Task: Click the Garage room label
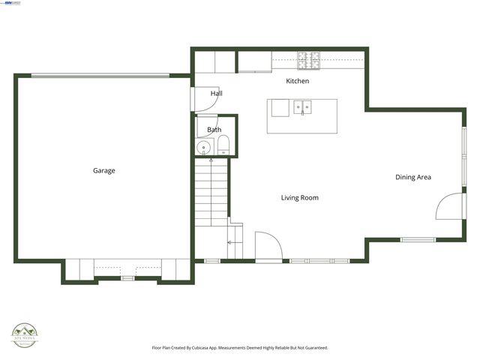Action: tap(103, 171)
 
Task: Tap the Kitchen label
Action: tap(298, 80)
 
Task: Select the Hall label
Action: tap(216, 94)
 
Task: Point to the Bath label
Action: tap(214, 130)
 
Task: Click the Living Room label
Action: tap(300, 198)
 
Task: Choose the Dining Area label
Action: tap(413, 178)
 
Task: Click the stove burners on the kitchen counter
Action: tap(308, 56)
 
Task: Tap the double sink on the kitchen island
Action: tap(303, 107)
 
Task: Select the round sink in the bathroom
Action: tap(204, 148)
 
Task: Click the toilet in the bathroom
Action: tap(223, 146)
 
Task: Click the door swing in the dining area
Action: tap(447, 206)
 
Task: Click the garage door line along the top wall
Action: tap(100, 74)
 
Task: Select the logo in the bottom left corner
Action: tap(25, 334)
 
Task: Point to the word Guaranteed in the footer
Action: tap(313, 348)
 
